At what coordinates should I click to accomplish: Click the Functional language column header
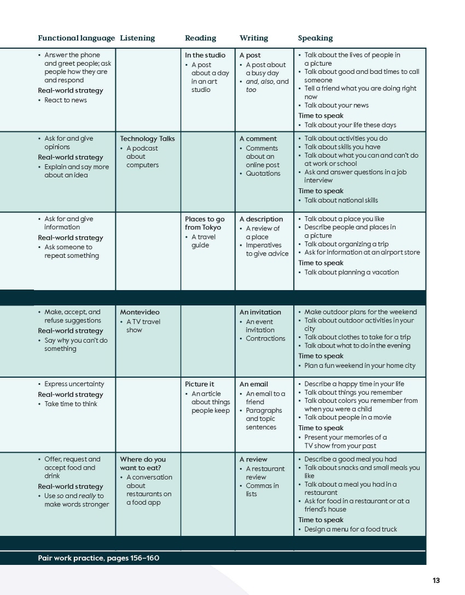[x=76, y=38]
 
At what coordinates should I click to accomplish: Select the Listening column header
[x=137, y=38]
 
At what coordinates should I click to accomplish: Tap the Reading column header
[x=200, y=38]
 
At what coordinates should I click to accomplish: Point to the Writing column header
[x=254, y=38]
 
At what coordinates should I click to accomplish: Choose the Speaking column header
[x=315, y=38]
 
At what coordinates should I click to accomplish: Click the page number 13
[x=435, y=581]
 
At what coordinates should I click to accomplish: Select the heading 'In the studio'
[x=205, y=55]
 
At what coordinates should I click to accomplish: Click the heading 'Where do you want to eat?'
[x=142, y=464]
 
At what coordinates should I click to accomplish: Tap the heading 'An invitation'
[x=260, y=313]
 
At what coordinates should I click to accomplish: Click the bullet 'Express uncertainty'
[x=74, y=384]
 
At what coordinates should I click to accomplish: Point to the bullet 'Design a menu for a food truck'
[x=351, y=529]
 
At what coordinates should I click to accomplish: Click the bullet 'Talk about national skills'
[x=341, y=200]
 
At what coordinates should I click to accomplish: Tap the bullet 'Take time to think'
[x=71, y=404]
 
